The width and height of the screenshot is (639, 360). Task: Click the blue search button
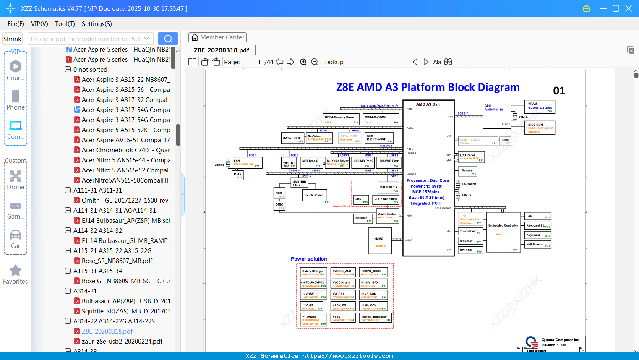168,39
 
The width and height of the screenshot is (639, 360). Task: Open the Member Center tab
217,37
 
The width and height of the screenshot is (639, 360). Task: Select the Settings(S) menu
97,24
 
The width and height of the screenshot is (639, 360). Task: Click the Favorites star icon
16,271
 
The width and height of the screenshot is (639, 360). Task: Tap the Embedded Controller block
503,232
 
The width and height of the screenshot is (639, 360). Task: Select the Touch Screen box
314,195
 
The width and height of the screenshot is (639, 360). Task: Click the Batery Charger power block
313,272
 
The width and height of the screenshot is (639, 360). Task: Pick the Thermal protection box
376,318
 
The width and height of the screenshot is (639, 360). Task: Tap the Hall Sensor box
538,245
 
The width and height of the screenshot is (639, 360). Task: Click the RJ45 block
238,175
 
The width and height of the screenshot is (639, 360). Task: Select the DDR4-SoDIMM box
381,119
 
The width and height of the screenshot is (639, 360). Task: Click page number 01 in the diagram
559,91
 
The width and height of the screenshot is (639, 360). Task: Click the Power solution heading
309,259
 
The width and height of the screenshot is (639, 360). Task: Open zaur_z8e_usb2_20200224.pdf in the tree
122,342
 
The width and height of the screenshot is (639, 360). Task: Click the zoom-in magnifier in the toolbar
303,62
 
